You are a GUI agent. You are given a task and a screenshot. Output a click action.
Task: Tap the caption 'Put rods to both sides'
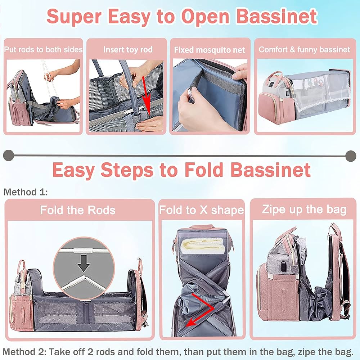(43, 49)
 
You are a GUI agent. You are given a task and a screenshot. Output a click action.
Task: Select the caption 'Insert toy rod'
(128, 49)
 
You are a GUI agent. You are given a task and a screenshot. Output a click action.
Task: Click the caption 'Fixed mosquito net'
(210, 50)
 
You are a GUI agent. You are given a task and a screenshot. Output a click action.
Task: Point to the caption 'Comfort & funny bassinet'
(304, 49)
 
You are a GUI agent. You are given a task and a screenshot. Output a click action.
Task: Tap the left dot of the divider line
(8, 156)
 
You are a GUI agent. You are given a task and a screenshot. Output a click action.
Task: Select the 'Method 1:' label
(26, 192)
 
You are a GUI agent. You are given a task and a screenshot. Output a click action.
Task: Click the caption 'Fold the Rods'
(77, 210)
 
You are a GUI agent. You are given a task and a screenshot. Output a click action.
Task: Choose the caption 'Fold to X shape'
(202, 210)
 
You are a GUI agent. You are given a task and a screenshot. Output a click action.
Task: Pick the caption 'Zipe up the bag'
(304, 209)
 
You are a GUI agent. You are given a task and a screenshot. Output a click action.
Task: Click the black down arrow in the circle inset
(84, 265)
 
